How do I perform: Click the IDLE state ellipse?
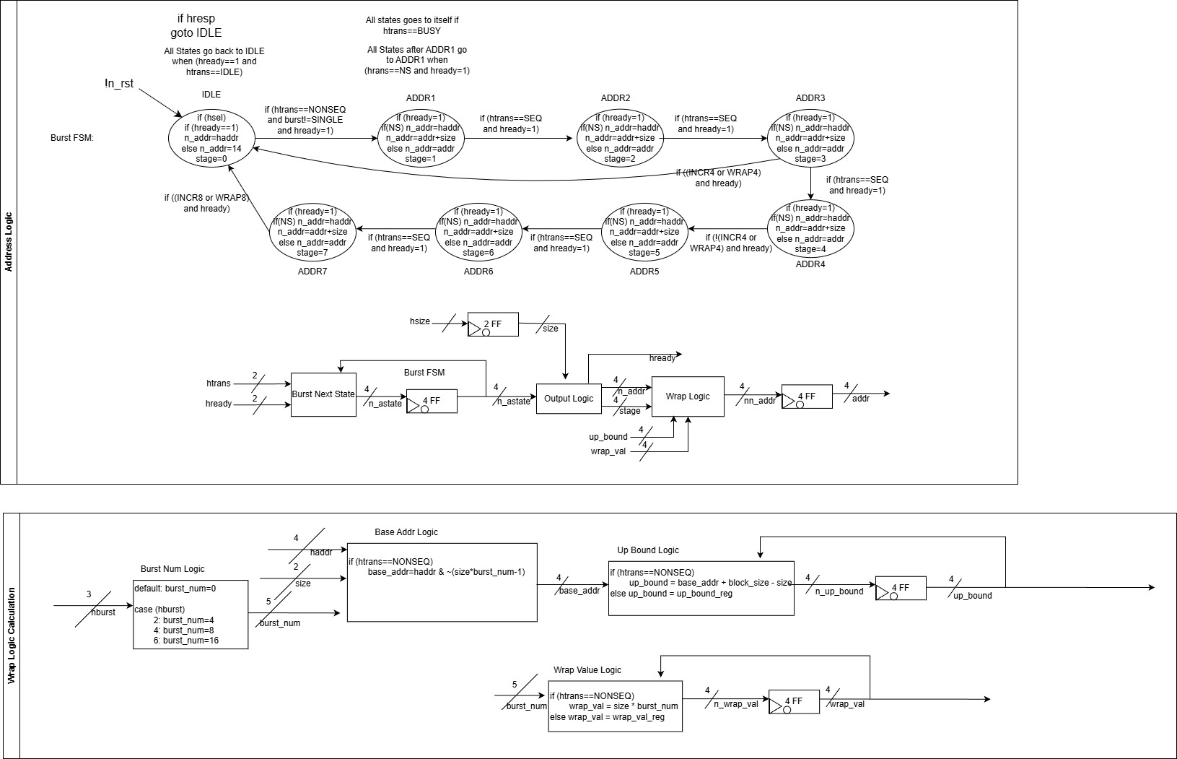click(211, 138)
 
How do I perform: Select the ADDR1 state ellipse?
click(421, 138)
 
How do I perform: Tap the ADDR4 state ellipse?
click(810, 228)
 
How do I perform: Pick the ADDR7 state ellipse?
click(312, 232)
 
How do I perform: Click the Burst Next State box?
click(323, 394)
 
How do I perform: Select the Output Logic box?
click(569, 399)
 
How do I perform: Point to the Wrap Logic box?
click(687, 396)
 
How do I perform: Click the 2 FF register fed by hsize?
click(493, 325)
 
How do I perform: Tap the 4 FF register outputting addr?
click(807, 396)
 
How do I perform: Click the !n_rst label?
click(119, 84)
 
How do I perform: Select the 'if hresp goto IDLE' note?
click(196, 26)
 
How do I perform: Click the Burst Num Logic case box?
click(191, 614)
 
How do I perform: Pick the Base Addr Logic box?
click(442, 582)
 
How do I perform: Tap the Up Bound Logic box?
click(701, 588)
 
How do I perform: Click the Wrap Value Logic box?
click(615, 706)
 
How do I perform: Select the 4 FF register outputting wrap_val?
click(794, 701)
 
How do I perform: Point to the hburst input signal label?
click(103, 612)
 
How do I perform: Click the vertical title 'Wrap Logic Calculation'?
click(11, 636)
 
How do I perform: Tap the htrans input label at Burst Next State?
click(219, 383)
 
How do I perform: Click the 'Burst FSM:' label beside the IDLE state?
click(72, 137)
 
